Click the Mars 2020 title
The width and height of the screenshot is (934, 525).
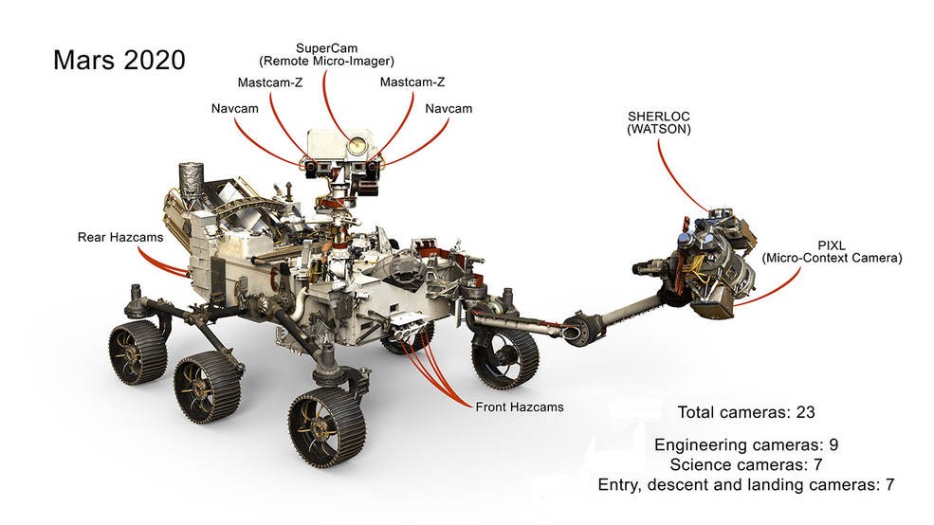[x=119, y=61]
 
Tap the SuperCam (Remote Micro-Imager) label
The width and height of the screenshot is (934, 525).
[x=326, y=54]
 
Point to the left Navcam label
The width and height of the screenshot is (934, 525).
[x=234, y=109]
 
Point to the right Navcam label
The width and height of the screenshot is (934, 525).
[x=449, y=109]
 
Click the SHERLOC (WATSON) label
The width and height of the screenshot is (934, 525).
[x=658, y=122]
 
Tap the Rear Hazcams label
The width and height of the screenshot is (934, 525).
[x=119, y=237]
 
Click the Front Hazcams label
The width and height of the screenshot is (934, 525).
[x=520, y=407]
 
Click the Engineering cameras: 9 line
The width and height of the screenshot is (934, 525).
[x=746, y=444]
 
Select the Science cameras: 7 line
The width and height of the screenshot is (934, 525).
[x=746, y=464]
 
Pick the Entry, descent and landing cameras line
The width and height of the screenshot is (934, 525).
[x=746, y=485]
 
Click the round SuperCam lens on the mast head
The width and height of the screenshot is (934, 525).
[x=357, y=146]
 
